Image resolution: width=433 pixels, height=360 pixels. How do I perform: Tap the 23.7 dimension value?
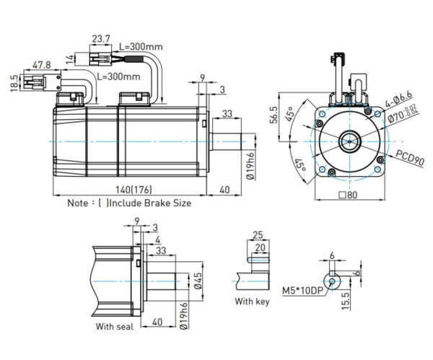102,38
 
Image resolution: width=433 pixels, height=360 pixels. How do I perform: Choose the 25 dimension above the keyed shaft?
258,235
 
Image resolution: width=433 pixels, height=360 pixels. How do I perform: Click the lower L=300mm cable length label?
119,76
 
